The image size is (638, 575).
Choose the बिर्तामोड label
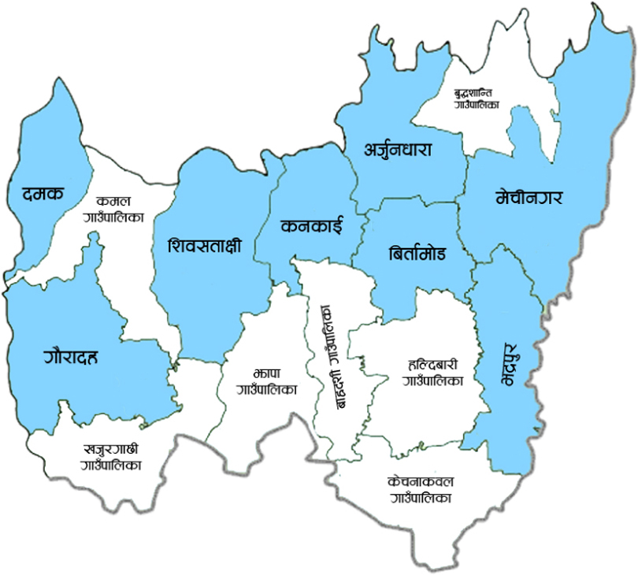[417, 254]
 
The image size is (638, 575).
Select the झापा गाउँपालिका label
[260, 380]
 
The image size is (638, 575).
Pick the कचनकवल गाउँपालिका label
[421, 489]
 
